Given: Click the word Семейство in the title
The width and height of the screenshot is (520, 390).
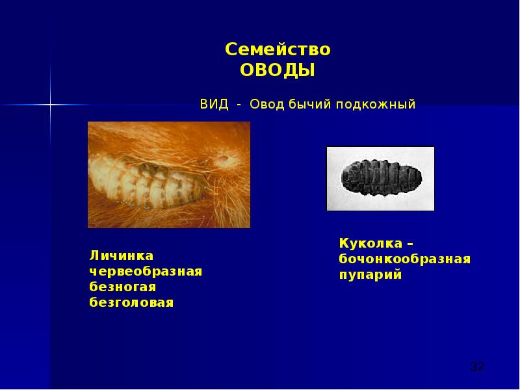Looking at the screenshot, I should [278, 50].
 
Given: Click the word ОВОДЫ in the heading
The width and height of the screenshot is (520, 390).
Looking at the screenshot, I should [278, 70].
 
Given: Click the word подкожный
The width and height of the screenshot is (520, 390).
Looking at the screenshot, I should [375, 105].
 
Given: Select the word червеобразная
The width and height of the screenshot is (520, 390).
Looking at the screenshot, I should [146, 271].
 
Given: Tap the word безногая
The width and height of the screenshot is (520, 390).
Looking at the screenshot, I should [123, 287].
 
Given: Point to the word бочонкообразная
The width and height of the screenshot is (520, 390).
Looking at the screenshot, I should [404, 259].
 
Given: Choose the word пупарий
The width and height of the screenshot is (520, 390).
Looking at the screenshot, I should [370, 275].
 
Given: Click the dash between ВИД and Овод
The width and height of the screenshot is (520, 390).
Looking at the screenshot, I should [239, 105].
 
